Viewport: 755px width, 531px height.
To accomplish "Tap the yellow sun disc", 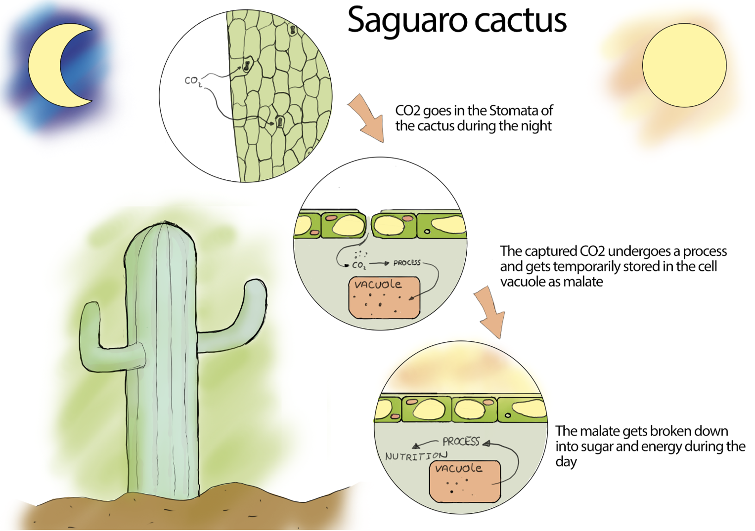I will point(684,65).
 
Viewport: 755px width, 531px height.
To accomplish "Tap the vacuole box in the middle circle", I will point(384,298).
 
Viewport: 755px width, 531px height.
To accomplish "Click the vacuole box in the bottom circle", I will point(464,481).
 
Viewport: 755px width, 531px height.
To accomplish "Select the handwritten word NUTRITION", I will point(416,456).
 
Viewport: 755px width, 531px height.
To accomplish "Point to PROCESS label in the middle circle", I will point(407,263).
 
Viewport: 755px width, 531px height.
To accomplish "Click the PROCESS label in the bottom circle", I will point(461,441).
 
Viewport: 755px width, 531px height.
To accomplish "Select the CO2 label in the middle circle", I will point(359,266).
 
